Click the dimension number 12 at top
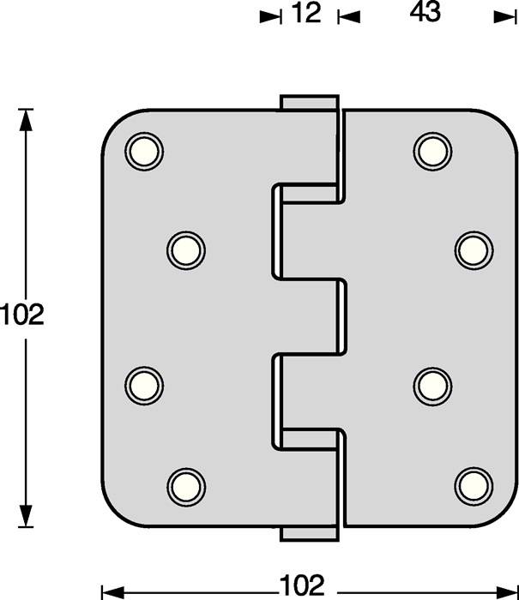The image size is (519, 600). pyautogui.click(x=305, y=14)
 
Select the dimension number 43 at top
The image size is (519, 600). pyautogui.click(x=425, y=14)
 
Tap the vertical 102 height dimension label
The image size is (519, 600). pyautogui.click(x=21, y=315)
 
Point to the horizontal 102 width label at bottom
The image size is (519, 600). pyautogui.click(x=302, y=586)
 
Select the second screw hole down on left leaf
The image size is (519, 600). pyautogui.click(x=184, y=249)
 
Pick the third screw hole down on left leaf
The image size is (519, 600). pyautogui.click(x=143, y=383)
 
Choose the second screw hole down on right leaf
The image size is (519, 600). pyautogui.click(x=473, y=249)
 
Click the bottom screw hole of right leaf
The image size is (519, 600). pyautogui.click(x=473, y=485)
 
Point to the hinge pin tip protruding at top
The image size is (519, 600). pyautogui.click(x=307, y=101)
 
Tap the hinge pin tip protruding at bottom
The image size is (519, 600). pyautogui.click(x=307, y=532)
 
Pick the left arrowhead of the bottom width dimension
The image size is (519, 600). pyautogui.click(x=110, y=591)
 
